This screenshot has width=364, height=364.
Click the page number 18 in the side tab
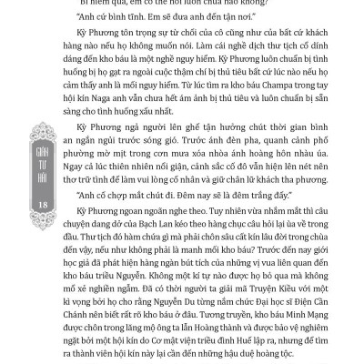tap(19, 210)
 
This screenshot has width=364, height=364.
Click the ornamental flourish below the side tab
tap(19, 238)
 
